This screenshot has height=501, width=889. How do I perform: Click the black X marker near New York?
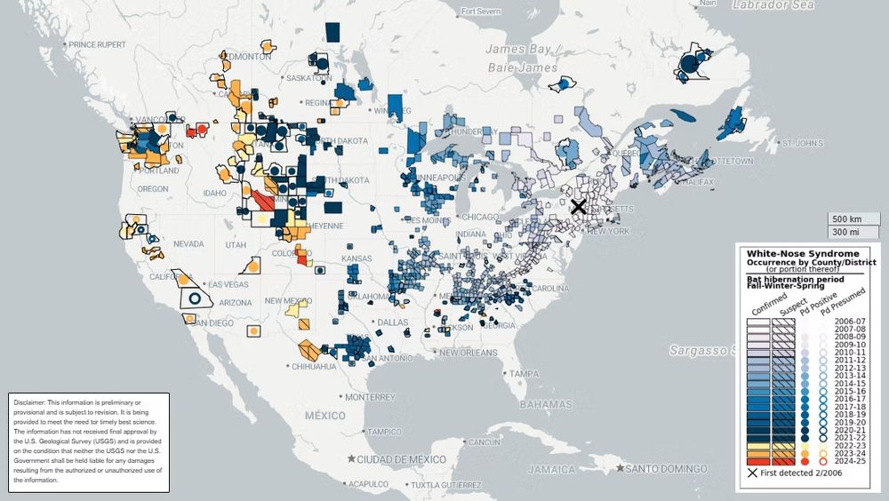(x=578, y=207)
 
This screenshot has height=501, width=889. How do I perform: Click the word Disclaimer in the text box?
(x=32, y=402)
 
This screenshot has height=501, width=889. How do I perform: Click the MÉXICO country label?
(x=325, y=415)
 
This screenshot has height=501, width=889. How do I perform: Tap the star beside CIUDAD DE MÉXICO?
(x=353, y=458)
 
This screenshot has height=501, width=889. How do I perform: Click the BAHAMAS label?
(x=567, y=404)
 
